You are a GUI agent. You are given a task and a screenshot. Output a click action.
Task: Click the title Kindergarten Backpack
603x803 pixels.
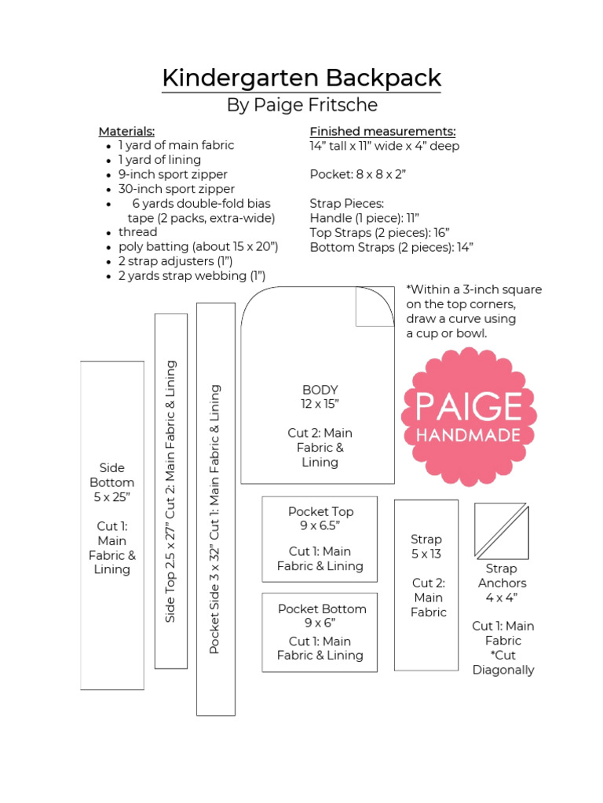[301, 78]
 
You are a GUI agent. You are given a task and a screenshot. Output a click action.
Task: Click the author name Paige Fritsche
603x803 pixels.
[301, 105]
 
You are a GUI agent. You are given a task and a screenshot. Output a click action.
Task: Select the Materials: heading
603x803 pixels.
[126, 131]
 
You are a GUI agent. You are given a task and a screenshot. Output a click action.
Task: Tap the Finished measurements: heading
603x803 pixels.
[382, 131]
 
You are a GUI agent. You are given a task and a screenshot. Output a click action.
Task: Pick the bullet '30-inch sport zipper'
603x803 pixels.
[177, 189]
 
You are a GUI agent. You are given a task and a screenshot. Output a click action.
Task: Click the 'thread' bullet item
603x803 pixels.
[138, 232]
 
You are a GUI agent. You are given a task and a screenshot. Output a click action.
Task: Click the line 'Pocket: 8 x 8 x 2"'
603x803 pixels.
[357, 174]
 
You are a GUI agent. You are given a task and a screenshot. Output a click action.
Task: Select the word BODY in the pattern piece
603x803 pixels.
[320, 390]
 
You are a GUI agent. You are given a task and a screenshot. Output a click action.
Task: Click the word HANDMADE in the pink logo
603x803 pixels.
[469, 434]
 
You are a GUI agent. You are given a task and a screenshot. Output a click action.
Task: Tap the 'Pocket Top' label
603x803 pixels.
[320, 511]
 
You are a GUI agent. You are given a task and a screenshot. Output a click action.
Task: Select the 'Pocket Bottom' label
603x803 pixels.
[322, 609]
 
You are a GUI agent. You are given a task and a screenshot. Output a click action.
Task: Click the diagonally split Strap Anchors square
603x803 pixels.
[501, 531]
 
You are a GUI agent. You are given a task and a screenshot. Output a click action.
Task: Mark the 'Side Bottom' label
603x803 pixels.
[112, 475]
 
